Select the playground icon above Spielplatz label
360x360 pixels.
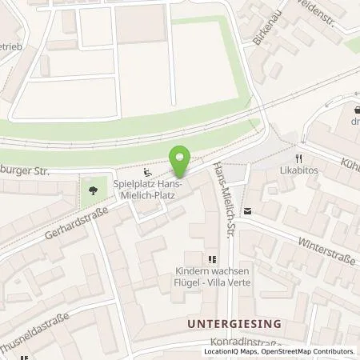pyautogui.click(x=146, y=171)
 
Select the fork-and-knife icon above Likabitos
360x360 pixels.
pyautogui.click(x=298, y=159)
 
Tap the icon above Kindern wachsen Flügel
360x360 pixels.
pyautogui.click(x=212, y=259)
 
